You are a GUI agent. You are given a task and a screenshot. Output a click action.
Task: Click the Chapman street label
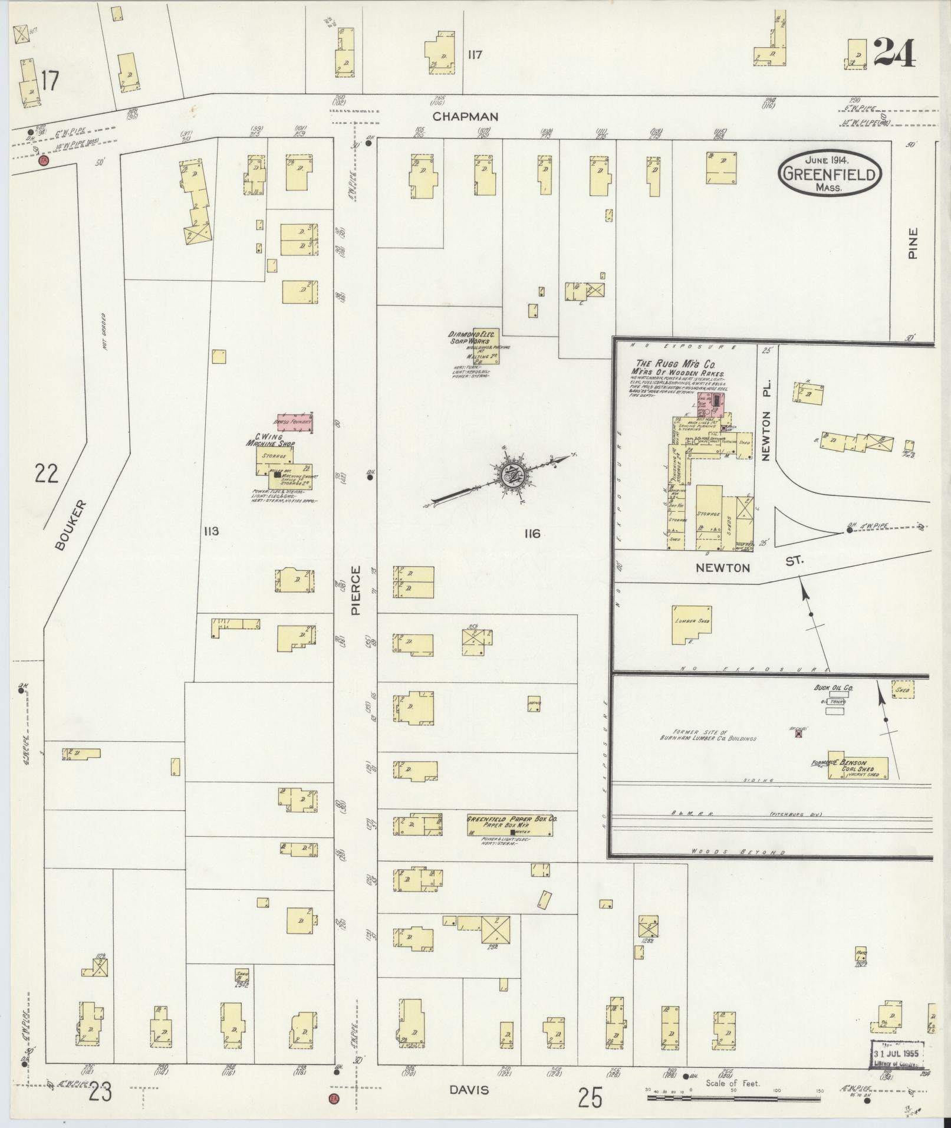click(x=465, y=117)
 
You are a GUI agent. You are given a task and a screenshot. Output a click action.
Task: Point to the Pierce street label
click(x=356, y=591)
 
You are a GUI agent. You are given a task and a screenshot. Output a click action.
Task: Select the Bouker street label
click(x=71, y=525)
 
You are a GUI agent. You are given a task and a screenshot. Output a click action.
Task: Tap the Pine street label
click(x=913, y=244)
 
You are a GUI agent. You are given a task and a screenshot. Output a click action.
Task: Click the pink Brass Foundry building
click(x=294, y=422)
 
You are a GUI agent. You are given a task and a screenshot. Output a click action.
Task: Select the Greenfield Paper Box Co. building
click(x=509, y=826)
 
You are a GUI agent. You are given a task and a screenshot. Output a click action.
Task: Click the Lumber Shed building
click(x=692, y=624)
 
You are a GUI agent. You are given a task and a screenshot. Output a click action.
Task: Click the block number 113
click(x=210, y=531)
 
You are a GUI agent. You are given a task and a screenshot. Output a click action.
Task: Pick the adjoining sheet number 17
click(x=50, y=81)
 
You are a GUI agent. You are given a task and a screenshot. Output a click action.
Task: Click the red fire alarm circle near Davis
click(x=334, y=1099)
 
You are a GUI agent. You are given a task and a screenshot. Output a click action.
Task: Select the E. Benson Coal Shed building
click(x=857, y=767)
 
